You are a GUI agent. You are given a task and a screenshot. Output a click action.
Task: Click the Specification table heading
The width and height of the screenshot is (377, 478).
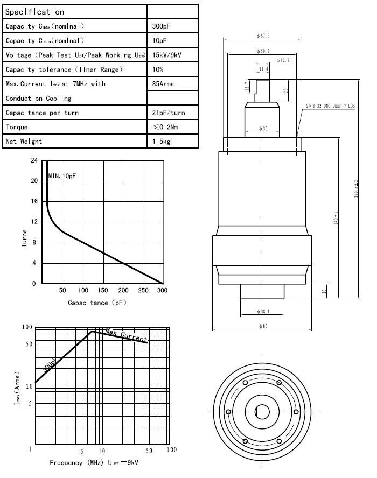[35, 12]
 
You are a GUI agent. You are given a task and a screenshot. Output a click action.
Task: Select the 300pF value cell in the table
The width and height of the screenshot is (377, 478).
[161, 26]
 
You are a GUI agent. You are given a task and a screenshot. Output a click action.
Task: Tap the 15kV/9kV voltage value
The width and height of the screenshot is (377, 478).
[167, 55]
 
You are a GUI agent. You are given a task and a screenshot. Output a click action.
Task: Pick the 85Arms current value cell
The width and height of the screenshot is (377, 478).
[164, 84]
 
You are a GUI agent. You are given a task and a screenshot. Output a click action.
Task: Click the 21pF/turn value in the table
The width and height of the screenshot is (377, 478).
[169, 113]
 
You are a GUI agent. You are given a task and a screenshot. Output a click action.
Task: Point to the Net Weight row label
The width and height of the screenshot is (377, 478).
[24, 142]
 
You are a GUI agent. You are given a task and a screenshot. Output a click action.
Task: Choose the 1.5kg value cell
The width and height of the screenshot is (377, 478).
[161, 142]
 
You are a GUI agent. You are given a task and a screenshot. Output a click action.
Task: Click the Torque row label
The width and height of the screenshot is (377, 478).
[17, 127]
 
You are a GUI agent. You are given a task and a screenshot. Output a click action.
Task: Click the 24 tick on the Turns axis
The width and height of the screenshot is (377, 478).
[34, 160]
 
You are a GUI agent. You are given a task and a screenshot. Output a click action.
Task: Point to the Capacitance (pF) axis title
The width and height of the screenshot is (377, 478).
[96, 303]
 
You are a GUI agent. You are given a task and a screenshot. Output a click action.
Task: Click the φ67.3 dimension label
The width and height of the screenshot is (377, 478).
[263, 36]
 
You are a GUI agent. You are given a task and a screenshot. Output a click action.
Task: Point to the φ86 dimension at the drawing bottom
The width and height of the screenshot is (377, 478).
[263, 326]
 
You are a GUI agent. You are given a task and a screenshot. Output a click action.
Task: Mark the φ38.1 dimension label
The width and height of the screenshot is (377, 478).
[263, 311]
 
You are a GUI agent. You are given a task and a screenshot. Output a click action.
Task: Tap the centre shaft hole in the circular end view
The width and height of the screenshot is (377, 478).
[262, 411]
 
